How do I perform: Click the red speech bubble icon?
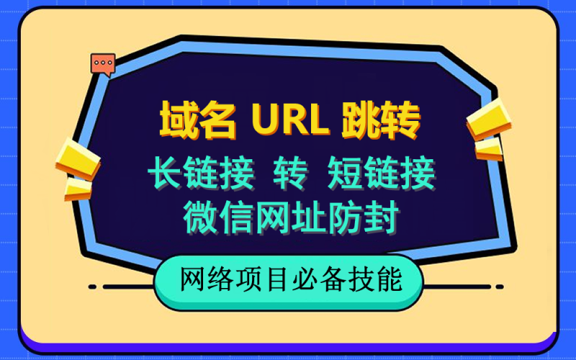point(103,65)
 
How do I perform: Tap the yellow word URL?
point(290,120)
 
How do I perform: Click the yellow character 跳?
point(361,120)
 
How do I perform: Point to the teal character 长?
point(166,173)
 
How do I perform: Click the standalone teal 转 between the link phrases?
point(290,173)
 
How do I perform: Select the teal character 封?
point(382,217)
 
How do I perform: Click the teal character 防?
point(346,217)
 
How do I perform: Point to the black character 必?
point(308,281)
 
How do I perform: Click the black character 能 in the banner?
point(390,281)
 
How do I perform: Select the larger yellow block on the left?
point(78,158)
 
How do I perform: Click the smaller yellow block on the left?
point(78,189)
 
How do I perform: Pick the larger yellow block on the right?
point(489,118)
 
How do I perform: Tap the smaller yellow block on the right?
point(489,149)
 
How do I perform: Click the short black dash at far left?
point(93,287)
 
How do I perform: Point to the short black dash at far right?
point(500,287)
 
